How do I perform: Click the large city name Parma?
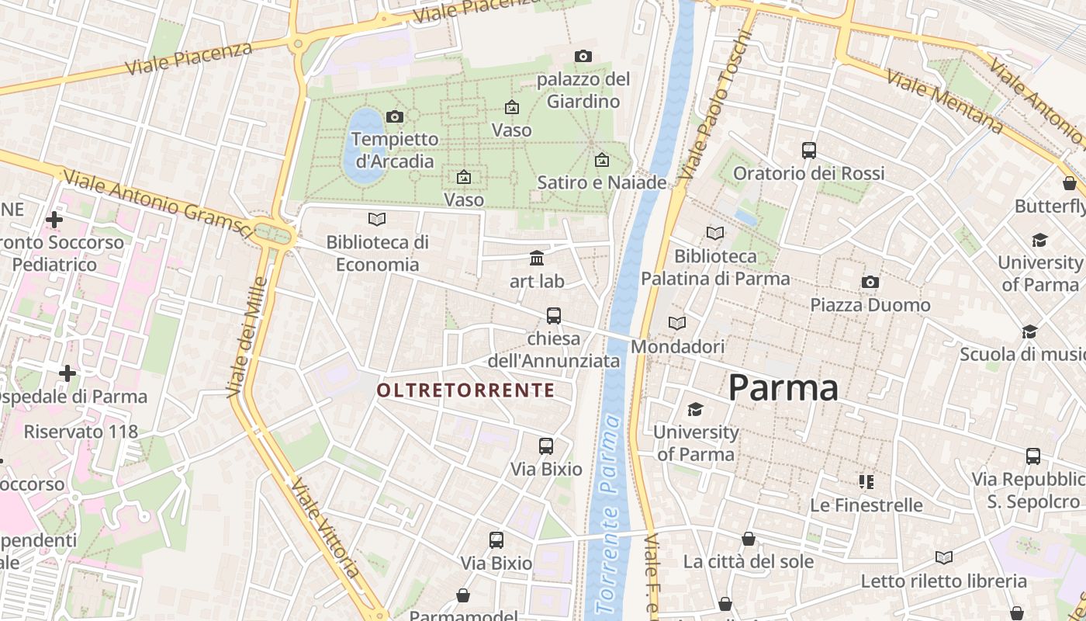[783, 387]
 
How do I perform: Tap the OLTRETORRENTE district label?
[465, 390]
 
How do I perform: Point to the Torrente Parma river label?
[608, 512]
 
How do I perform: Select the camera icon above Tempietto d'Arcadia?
[395, 116]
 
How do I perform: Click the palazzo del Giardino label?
[583, 90]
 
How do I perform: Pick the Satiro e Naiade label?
[602, 182]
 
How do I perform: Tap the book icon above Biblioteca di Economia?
[377, 220]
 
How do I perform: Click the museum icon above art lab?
[537, 258]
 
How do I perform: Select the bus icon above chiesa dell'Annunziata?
[554, 315]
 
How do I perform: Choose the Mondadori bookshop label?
[677, 346]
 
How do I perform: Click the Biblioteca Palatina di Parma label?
[715, 267]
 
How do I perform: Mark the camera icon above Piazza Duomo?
[870, 283]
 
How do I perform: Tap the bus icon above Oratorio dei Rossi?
[809, 150]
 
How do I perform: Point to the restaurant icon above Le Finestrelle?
[866, 482]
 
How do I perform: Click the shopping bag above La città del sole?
[749, 539]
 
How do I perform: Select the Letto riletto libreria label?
[943, 581]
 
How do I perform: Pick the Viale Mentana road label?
[944, 101]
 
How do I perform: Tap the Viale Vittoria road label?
[326, 528]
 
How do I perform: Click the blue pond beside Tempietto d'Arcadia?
[362, 147]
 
